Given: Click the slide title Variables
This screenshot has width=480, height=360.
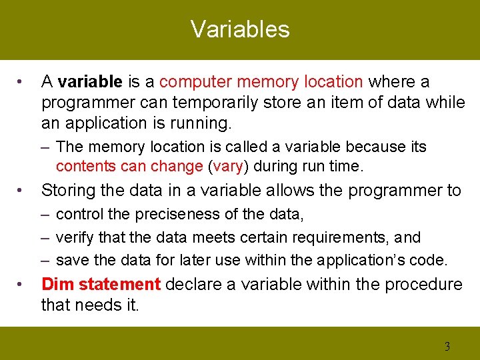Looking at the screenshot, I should (240, 29).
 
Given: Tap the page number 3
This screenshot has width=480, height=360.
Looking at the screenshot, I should (447, 346).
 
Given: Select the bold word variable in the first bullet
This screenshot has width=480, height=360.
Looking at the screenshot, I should (90, 82).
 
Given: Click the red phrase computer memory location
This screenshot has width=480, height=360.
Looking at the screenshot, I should (261, 82).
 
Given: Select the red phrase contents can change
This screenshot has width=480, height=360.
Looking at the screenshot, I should (129, 166).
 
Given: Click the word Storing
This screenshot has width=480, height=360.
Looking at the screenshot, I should (69, 191).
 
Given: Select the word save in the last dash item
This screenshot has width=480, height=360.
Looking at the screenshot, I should (71, 260).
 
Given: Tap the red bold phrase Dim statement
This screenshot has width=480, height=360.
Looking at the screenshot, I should (101, 285).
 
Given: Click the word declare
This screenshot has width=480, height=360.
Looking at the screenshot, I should (194, 285).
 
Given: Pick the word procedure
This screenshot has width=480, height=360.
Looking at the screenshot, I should (424, 285).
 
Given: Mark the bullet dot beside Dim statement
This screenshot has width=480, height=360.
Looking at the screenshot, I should (22, 285).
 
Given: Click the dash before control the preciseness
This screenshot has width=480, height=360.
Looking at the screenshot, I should (44, 215).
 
